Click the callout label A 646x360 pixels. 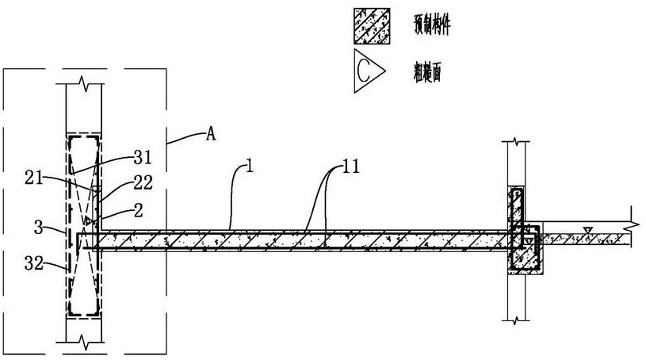point(211,135)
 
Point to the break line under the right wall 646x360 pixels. point(516,320)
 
